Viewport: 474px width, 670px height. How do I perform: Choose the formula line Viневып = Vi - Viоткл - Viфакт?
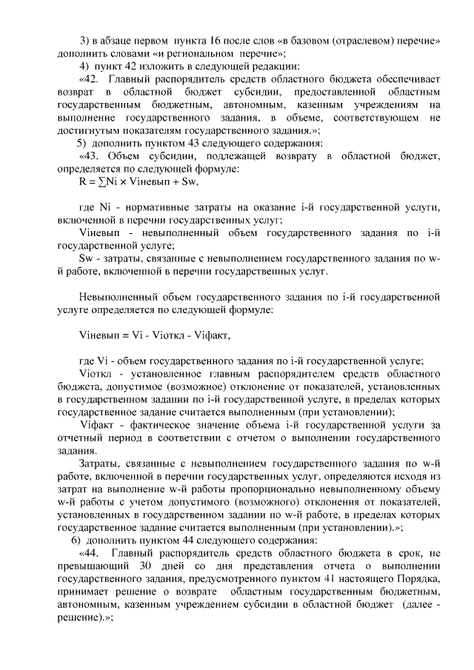(x=155, y=335)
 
